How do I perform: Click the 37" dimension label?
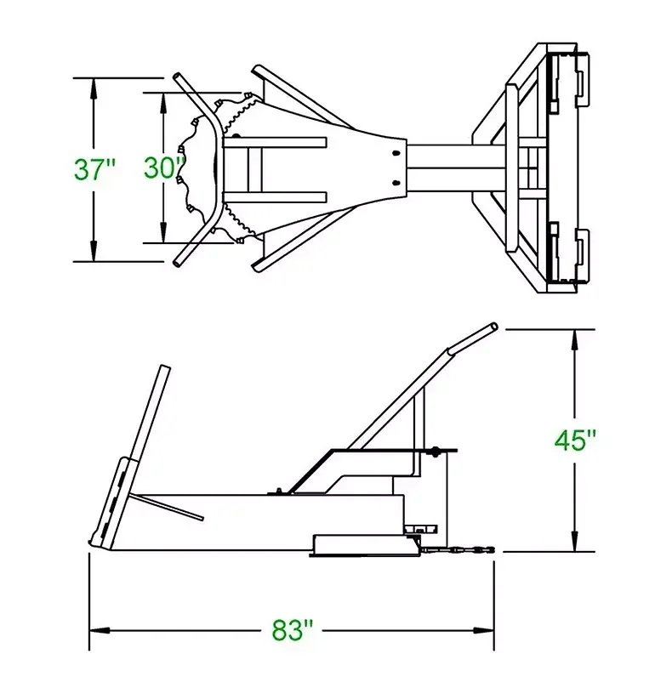pyautogui.click(x=94, y=169)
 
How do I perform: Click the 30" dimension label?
pyautogui.click(x=164, y=168)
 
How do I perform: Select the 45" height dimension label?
pyautogui.click(x=575, y=440)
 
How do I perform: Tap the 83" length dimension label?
pyautogui.click(x=293, y=630)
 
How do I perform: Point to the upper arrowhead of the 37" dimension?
pyautogui.click(x=93, y=88)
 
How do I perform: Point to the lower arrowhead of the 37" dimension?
pyautogui.click(x=93, y=251)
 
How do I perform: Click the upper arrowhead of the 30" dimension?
pyautogui.click(x=163, y=103)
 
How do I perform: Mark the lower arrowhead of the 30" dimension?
pyautogui.click(x=163, y=233)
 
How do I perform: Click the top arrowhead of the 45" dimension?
pyautogui.click(x=575, y=340)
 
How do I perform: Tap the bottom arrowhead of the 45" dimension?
pyautogui.click(x=575, y=541)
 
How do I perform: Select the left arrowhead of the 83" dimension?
pyautogui.click(x=100, y=630)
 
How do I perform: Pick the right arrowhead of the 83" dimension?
pyautogui.click(x=483, y=630)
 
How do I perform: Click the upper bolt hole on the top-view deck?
pyautogui.click(x=396, y=153)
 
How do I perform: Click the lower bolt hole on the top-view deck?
pyautogui.click(x=396, y=183)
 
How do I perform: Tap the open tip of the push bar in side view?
pyautogui.click(x=493, y=327)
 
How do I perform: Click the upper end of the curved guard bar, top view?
pyautogui.click(x=178, y=77)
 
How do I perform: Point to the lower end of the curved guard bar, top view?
pyautogui.click(x=178, y=262)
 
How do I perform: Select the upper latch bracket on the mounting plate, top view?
pyautogui.click(x=582, y=80)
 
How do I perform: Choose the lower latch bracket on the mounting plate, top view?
pyautogui.click(x=582, y=257)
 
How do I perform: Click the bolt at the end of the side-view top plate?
pyautogui.click(x=434, y=452)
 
